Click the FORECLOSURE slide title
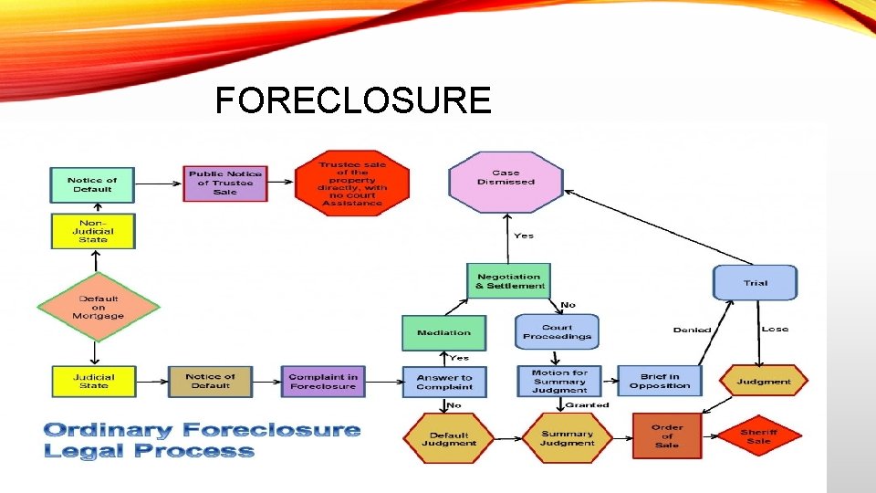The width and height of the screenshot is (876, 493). pyautogui.click(x=352, y=100)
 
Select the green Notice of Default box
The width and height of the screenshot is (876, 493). pyautogui.click(x=91, y=184)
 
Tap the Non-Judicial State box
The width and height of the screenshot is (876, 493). pyautogui.click(x=93, y=231)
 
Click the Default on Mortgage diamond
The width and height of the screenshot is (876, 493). pyautogui.click(x=98, y=306)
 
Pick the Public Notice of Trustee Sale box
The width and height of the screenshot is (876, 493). pyautogui.click(x=224, y=183)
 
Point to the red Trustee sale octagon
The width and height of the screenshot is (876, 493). pyautogui.click(x=352, y=183)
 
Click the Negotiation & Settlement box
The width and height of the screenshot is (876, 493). pyautogui.click(x=509, y=281)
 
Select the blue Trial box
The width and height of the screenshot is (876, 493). pyautogui.click(x=755, y=283)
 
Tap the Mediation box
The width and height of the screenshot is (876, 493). pyautogui.click(x=443, y=332)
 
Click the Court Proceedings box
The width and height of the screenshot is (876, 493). pyautogui.click(x=557, y=332)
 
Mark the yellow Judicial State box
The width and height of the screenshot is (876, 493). pyautogui.click(x=93, y=381)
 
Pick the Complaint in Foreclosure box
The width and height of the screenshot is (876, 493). pyautogui.click(x=322, y=381)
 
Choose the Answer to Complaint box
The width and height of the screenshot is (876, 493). pyautogui.click(x=444, y=382)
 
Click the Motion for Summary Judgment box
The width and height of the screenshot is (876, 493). pyautogui.click(x=560, y=381)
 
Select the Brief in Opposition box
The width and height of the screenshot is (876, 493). pyautogui.click(x=660, y=381)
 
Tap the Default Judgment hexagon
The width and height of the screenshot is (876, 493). pyautogui.click(x=449, y=439)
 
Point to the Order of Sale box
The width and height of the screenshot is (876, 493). pyautogui.click(x=667, y=435)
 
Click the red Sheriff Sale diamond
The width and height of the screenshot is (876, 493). pyautogui.click(x=758, y=436)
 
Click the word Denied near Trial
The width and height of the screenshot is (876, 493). pyautogui.click(x=692, y=330)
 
